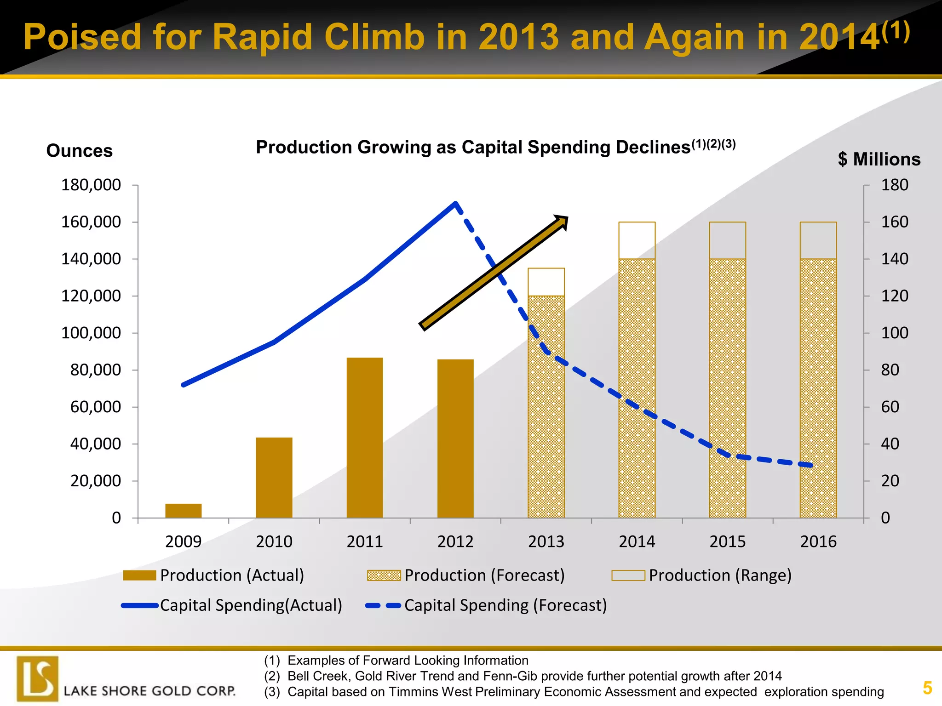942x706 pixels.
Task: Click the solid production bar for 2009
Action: (183, 511)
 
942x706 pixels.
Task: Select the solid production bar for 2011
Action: (364, 438)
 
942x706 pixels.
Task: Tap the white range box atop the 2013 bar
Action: (546, 282)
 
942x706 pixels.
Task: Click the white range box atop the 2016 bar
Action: (818, 240)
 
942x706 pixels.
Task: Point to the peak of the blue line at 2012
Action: (455, 204)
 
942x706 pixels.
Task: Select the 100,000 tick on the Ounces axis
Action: (91, 333)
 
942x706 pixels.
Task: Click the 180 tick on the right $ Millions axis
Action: (894, 185)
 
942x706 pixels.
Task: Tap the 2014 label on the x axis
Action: (637, 541)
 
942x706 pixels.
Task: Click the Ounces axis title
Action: (79, 151)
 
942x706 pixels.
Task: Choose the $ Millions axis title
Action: (879, 159)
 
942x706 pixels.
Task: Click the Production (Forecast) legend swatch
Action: (384, 575)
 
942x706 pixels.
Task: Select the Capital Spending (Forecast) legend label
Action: (505, 605)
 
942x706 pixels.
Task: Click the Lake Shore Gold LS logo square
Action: (38, 679)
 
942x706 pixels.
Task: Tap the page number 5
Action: (927, 688)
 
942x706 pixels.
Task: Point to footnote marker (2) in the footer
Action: (272, 676)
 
